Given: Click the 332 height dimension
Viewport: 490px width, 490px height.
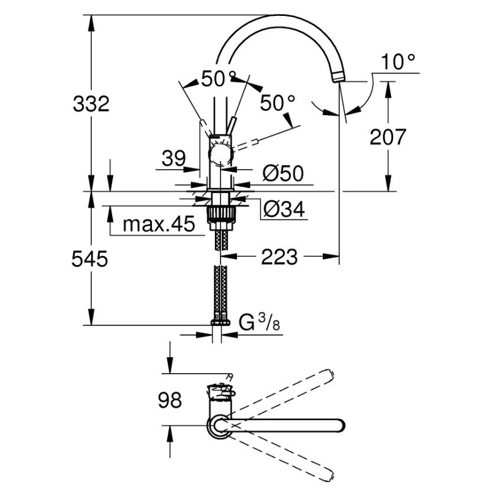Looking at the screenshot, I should pos(91,104).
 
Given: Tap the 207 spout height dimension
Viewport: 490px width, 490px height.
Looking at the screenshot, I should pos(388,137).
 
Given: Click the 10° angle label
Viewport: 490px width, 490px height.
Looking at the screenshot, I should pos(397,62).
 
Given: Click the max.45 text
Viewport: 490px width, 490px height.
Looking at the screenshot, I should pos(158,225).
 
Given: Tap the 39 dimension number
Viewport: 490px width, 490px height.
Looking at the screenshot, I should pos(173,159).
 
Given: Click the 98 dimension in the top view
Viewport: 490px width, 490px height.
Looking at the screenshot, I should pos(168,401).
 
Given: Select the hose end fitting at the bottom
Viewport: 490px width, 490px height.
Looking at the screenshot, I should pos(220,322).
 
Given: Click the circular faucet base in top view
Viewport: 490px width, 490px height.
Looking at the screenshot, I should pos(220,426).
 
